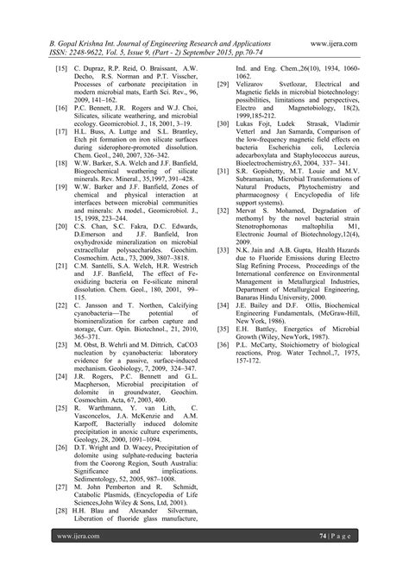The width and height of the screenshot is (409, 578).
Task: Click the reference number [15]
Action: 60,66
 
